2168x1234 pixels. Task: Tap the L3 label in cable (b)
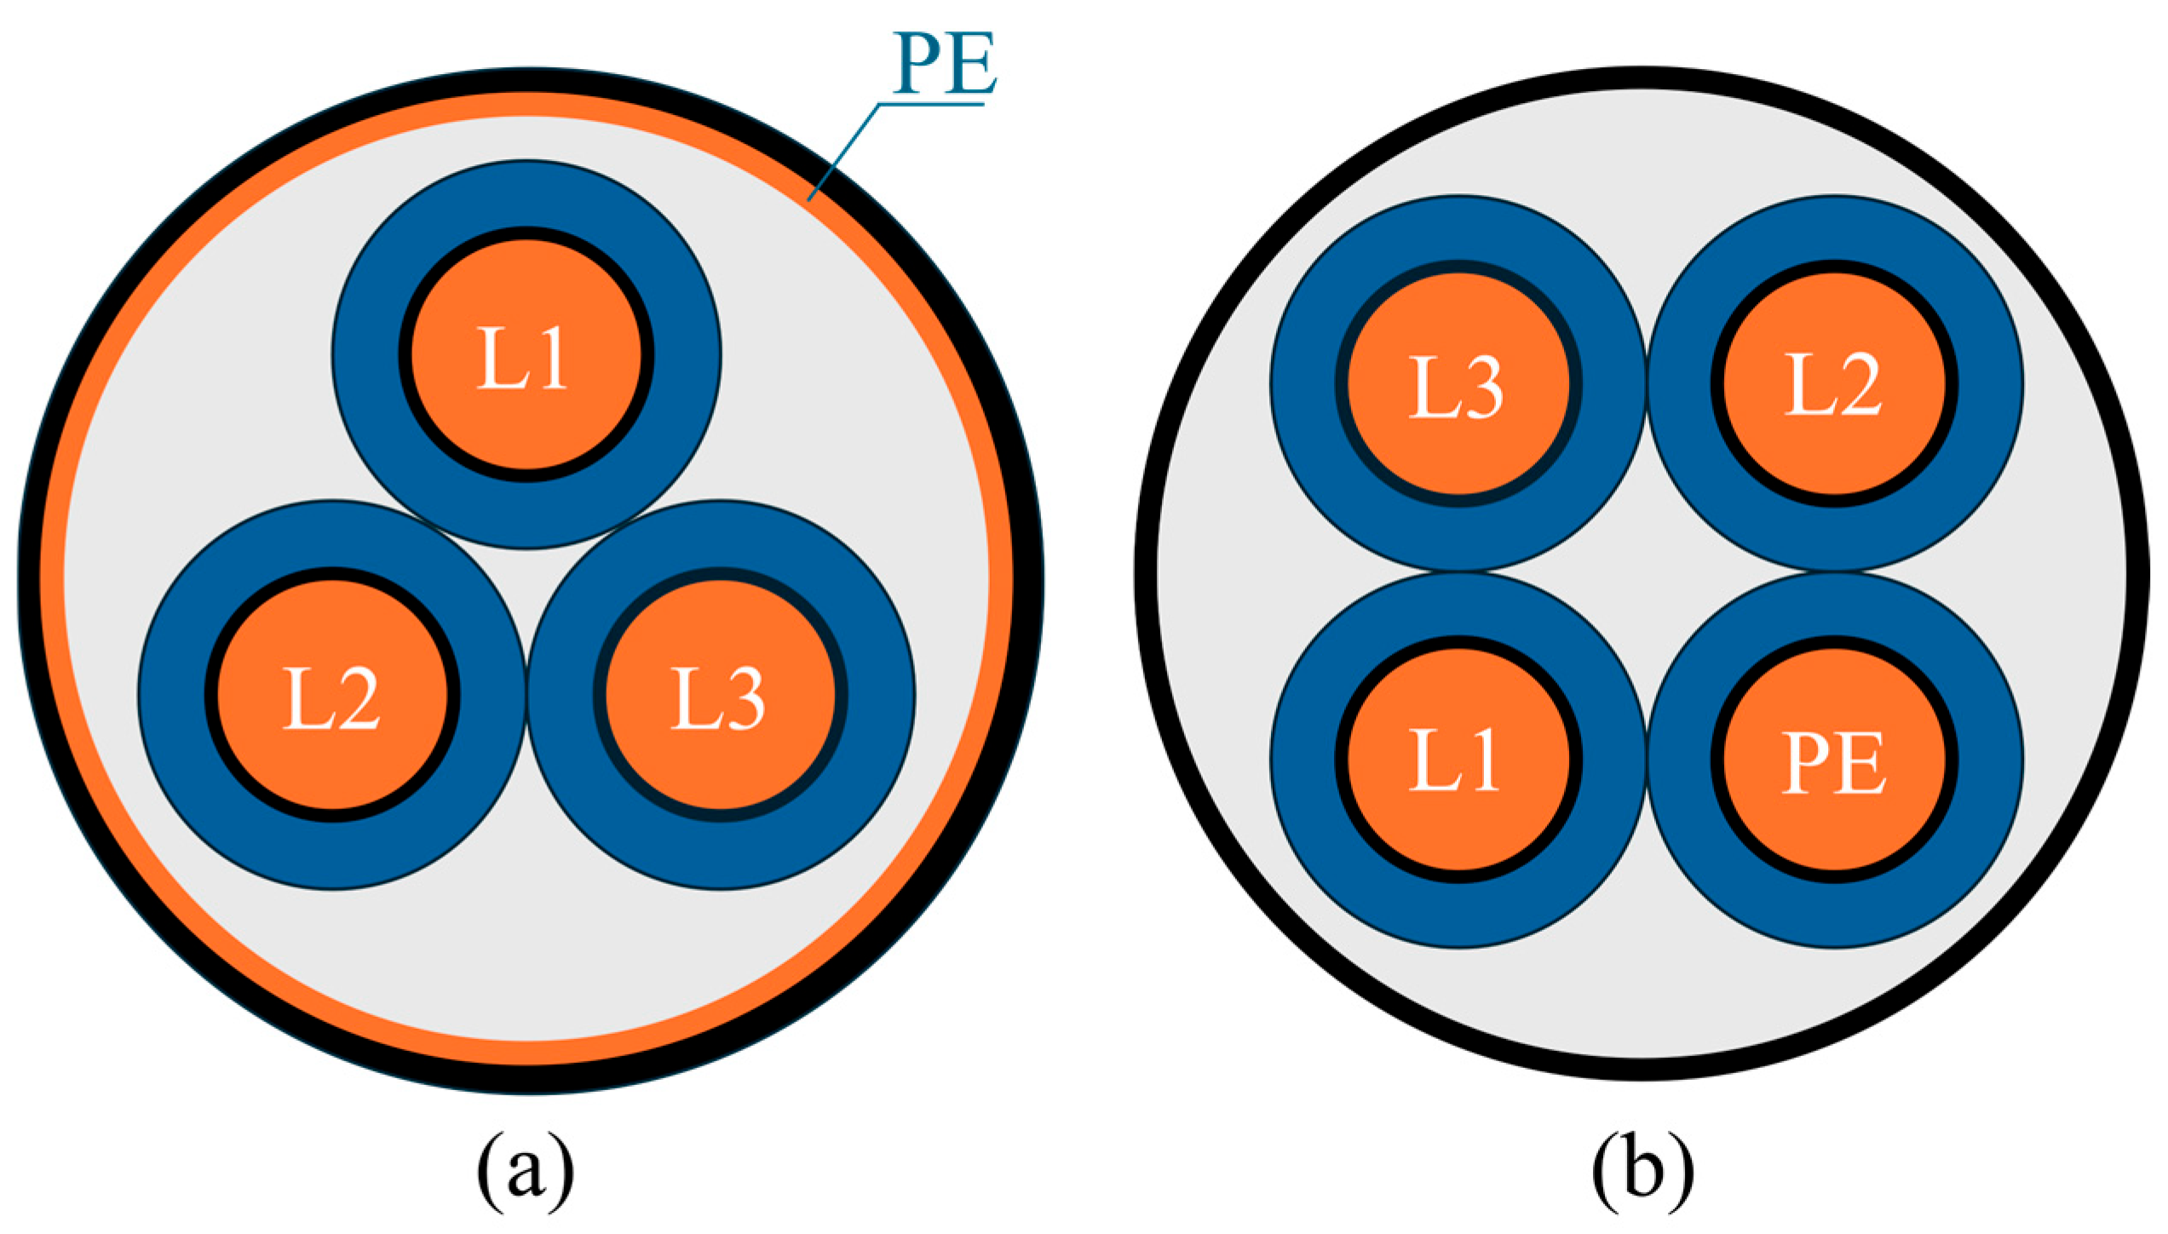(1457, 388)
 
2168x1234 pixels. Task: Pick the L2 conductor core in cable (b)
(1834, 443)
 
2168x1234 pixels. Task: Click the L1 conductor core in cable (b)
(1458, 818)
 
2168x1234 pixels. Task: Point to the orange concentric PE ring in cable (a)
(53, 579)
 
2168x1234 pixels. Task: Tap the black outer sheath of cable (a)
(29, 579)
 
